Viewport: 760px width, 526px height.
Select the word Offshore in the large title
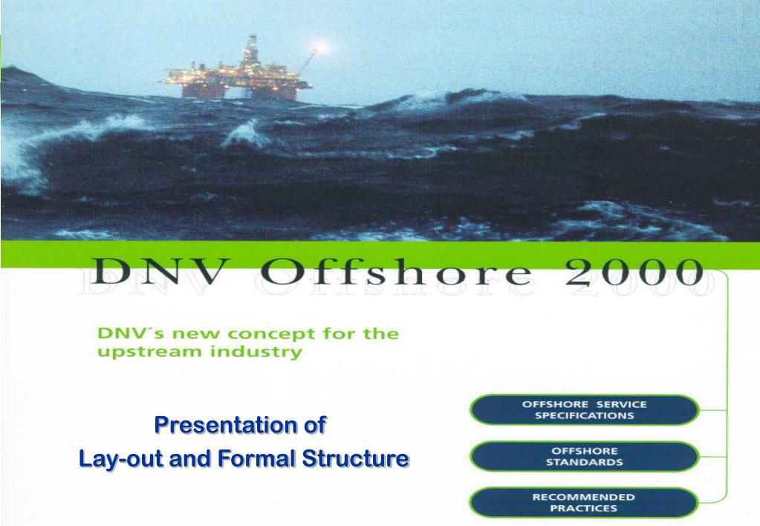pyautogui.click(x=396, y=270)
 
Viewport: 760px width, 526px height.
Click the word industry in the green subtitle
pyautogui.click(x=256, y=351)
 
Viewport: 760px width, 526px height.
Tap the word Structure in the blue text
pyautogui.click(x=355, y=458)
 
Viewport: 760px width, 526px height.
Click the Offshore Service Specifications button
pyautogui.click(x=585, y=409)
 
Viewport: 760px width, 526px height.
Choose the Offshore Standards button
pyautogui.click(x=585, y=456)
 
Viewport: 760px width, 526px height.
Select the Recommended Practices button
pyautogui.click(x=585, y=503)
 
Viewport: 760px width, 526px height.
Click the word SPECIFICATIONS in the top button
pyautogui.click(x=585, y=415)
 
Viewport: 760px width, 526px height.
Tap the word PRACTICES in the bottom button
pyautogui.click(x=584, y=509)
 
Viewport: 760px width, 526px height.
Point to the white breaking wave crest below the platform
pyautogui.click(x=245, y=133)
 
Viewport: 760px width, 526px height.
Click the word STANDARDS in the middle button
pyautogui.click(x=585, y=462)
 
